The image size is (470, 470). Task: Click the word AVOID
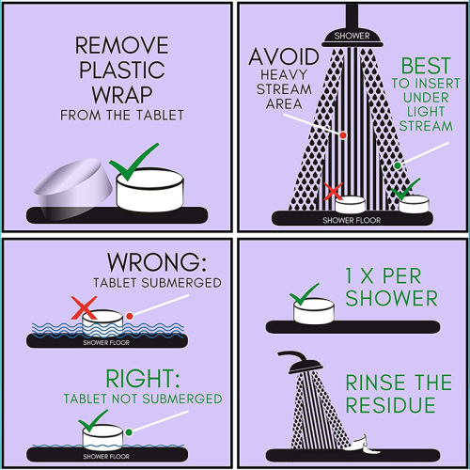[284, 57]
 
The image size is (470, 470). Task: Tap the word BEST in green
[426, 66]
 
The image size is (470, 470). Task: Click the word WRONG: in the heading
[157, 262]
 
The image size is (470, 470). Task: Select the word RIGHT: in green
[143, 379]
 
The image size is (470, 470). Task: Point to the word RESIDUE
[390, 405]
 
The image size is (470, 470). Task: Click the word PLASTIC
[122, 70]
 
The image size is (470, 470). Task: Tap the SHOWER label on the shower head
[352, 36]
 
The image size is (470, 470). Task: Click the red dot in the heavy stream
[343, 135]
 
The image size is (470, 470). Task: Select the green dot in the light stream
[398, 165]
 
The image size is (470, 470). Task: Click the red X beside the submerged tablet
[84, 308]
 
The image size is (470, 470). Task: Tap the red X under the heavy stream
[333, 191]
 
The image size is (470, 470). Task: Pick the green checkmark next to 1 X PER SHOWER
[303, 295]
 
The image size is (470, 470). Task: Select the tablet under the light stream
[414, 204]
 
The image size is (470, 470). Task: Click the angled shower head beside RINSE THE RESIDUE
[302, 362]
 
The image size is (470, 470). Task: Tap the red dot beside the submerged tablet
[130, 316]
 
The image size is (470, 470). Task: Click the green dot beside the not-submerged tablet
[129, 432]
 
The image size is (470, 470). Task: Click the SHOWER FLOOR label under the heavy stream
[352, 220]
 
